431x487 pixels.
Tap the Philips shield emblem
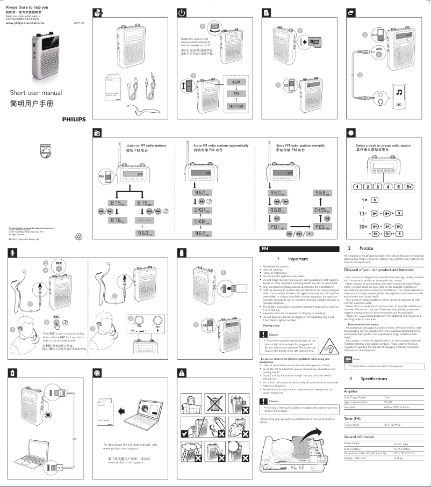pos(47,151)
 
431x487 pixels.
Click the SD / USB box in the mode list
pos(235,106)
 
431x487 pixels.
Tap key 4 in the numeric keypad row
pos(385,187)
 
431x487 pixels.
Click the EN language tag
pos(264,249)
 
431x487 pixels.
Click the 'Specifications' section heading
pos(374,364)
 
